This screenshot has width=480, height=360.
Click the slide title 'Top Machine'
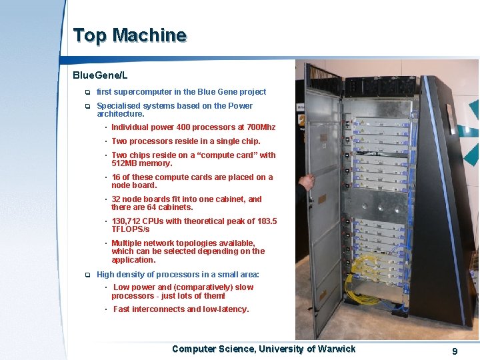(129, 35)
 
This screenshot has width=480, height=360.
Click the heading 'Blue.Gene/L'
(100, 76)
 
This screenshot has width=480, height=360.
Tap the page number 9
(455, 351)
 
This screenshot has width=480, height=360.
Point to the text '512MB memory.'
(141, 163)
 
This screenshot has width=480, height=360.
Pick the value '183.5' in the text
(265, 221)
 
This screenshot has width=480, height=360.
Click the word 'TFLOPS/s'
(131, 229)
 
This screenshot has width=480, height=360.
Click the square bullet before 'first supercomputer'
(87, 93)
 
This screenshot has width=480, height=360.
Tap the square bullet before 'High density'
(87, 275)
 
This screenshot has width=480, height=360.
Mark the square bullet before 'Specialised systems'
(87, 107)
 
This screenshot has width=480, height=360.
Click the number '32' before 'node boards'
(117, 199)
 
